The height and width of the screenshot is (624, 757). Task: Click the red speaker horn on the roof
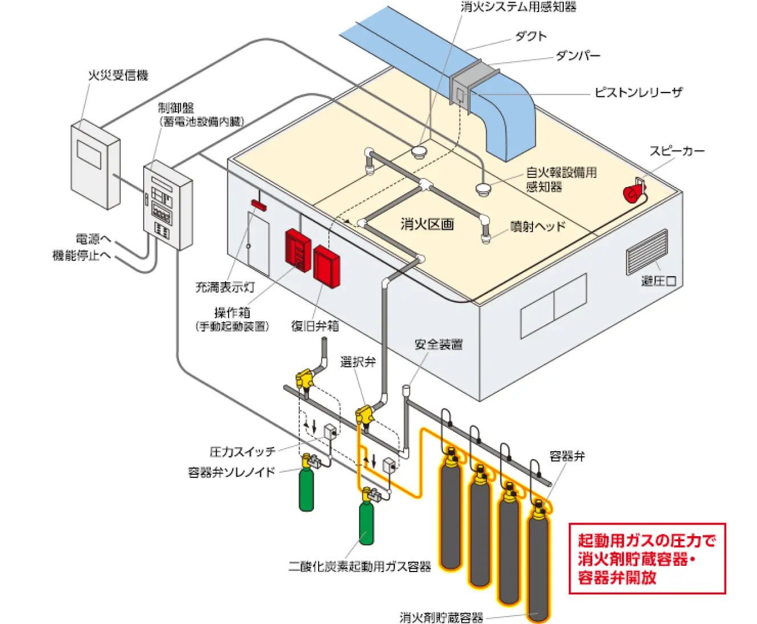pos(633,193)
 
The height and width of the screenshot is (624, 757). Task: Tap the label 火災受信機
pos(118,75)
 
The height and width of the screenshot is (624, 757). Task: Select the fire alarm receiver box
pos(95,165)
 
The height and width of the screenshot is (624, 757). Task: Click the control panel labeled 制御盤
pos(166,206)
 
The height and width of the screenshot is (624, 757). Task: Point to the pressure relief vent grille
pos(646,252)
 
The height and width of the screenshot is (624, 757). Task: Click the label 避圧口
pos(658,281)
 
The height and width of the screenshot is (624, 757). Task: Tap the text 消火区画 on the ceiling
pos(427,224)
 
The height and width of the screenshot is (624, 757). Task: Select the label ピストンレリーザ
pos(638,92)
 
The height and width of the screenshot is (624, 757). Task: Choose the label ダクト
pos(531,37)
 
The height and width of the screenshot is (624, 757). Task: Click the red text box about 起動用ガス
pos(647,559)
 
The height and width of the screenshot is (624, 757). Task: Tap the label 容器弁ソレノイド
pos(231,472)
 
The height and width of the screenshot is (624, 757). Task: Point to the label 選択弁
pos(358,362)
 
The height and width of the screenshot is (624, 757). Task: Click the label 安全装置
pos(438,345)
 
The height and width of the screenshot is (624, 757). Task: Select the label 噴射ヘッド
pos(538,226)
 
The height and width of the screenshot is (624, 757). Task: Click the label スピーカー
pos(677,151)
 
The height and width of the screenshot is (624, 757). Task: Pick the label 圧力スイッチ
pos(242,452)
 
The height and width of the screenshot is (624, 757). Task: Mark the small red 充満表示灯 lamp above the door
pos(259,205)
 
